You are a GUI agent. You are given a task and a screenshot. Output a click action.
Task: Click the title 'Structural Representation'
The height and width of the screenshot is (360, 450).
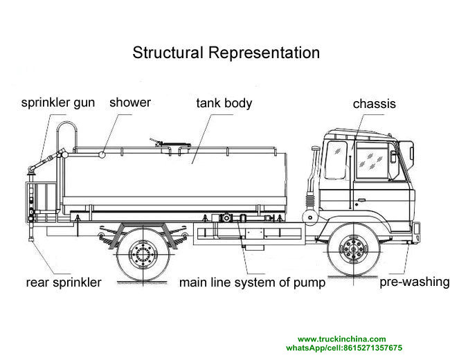pyautogui.click(x=226, y=53)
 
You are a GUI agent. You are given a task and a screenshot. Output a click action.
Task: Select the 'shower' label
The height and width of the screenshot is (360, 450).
pyautogui.click(x=129, y=102)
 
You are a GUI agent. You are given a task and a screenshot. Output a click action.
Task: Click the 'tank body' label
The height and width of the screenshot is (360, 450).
pyautogui.click(x=224, y=103)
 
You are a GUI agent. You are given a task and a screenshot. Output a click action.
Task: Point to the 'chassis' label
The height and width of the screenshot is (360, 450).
pyautogui.click(x=374, y=104)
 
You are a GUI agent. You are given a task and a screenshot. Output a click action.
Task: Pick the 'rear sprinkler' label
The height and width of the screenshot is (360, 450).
pyautogui.click(x=64, y=282)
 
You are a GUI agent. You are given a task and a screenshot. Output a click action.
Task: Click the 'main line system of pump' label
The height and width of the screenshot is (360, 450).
pyautogui.click(x=253, y=282)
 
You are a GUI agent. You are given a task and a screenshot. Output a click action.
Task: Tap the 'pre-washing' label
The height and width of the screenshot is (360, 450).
pyautogui.click(x=414, y=282)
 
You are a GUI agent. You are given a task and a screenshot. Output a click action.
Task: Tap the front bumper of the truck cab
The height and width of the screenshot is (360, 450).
pyautogui.click(x=417, y=229)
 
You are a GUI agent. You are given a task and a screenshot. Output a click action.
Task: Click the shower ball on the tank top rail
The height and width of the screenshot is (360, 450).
pyautogui.click(x=102, y=154)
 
